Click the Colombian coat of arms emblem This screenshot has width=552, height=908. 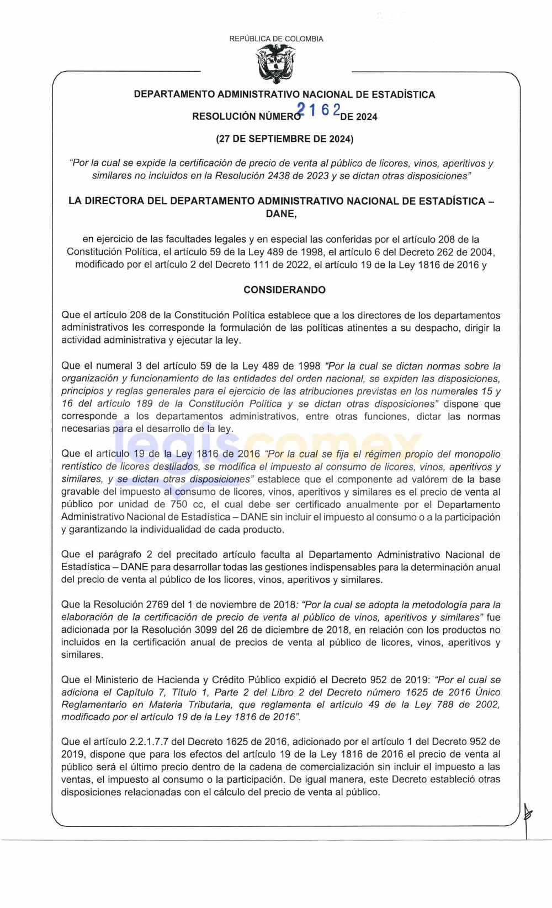[277, 63]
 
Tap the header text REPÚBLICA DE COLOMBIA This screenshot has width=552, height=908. [277, 39]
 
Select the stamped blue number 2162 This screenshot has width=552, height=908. [320, 110]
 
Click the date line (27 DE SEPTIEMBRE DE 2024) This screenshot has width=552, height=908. [285, 139]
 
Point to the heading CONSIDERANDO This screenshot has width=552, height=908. [285, 290]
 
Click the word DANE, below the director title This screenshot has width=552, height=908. [282, 214]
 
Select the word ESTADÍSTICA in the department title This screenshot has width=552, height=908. [404, 95]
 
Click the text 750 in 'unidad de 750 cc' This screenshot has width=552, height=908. [179, 504]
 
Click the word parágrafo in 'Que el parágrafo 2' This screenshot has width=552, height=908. [120, 555]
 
